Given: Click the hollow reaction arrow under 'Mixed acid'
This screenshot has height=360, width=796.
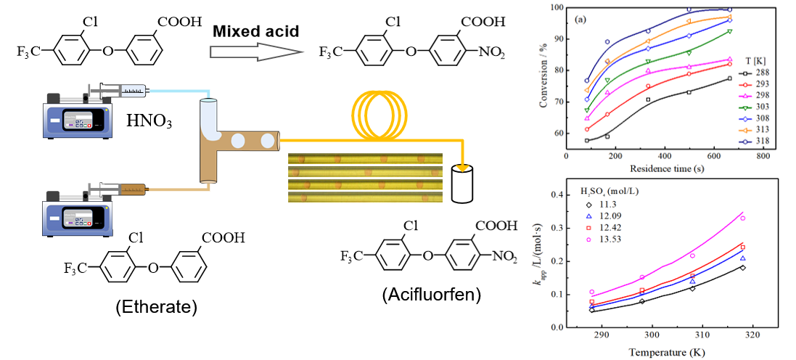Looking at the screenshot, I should [255, 52].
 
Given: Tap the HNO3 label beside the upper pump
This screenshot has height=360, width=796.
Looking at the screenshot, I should [149, 120].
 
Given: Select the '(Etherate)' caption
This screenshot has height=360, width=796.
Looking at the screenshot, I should [156, 307].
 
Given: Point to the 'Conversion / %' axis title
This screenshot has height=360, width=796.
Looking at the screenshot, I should [543, 79].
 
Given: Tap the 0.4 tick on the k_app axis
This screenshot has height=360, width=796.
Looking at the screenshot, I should [555, 195].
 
